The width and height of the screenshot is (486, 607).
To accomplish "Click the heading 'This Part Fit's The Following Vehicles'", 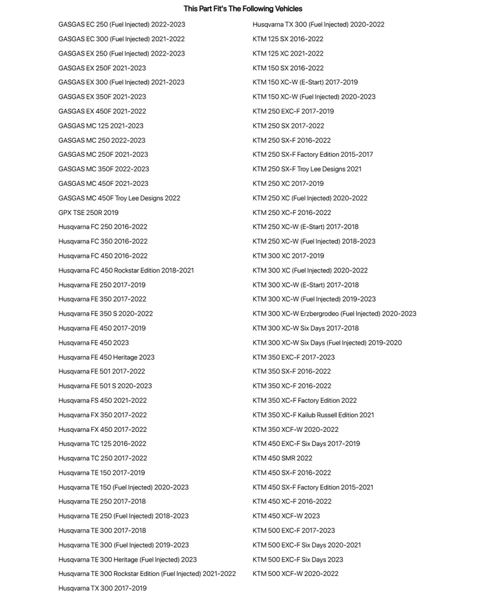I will (243, 9).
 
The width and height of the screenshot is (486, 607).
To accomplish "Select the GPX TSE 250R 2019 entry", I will (88, 212).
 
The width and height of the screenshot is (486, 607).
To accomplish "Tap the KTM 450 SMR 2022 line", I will (282, 458).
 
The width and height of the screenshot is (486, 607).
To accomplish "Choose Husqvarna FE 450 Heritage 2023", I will (106, 357).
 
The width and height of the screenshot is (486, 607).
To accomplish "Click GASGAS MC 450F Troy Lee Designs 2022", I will (119, 198).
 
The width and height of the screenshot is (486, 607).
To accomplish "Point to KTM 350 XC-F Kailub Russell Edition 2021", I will (313, 415).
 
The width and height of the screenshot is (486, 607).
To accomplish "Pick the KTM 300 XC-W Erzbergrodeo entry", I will (334, 314).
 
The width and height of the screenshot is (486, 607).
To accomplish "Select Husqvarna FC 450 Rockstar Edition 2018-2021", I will (126, 271).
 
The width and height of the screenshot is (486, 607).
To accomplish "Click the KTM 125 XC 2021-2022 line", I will (288, 54).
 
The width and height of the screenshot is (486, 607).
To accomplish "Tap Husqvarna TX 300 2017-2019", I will (102, 589).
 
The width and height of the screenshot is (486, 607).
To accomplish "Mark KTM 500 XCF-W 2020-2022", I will (296, 574).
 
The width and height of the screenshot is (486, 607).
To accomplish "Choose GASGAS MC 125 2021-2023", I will (101, 126).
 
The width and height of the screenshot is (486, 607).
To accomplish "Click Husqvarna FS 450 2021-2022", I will (103, 400).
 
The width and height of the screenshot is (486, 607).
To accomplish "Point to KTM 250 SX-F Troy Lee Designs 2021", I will (307, 169).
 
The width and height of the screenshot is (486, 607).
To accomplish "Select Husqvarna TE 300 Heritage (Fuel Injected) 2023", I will (127, 560).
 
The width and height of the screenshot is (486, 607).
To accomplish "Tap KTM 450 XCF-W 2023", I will (286, 516).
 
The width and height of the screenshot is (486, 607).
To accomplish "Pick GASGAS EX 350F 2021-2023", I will (102, 97).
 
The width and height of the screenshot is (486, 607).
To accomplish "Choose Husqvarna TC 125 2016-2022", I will (102, 444).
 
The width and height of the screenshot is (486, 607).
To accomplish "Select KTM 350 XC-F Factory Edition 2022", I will (304, 400).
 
